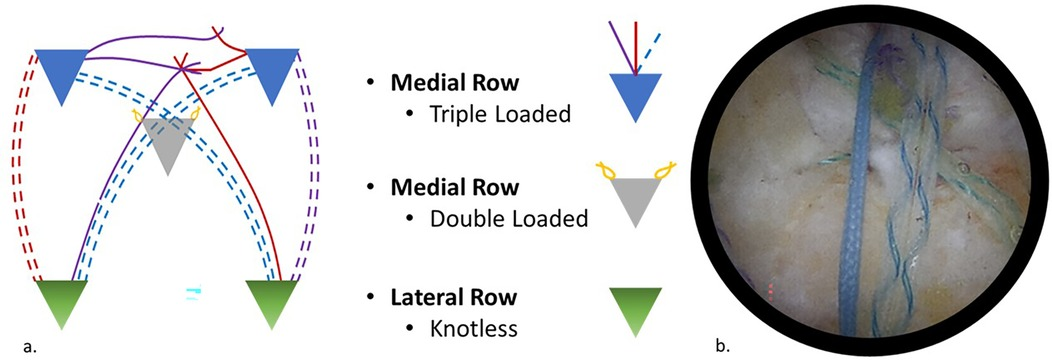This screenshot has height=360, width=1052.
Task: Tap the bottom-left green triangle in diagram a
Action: [62, 301]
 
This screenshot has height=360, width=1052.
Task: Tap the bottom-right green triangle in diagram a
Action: [273, 301]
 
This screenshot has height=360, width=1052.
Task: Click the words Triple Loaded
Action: [488, 114]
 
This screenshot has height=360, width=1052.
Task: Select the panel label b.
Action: [722, 347]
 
